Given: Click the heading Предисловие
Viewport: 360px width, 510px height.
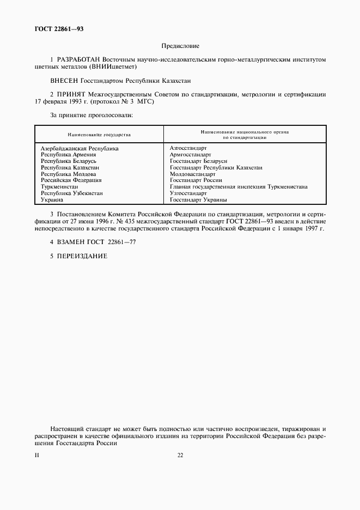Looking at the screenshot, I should [x=180, y=46].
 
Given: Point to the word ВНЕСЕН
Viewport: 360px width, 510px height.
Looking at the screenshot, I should [x=64, y=80].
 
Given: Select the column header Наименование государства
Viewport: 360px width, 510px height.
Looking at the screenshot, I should [x=99, y=134].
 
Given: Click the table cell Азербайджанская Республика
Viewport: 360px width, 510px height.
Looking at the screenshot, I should [x=80, y=148].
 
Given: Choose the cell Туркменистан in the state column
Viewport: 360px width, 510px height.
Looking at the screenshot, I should [x=59, y=187].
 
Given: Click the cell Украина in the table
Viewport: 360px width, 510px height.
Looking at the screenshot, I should [x=53, y=200].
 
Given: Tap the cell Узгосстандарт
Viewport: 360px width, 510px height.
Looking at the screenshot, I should [x=188, y=193].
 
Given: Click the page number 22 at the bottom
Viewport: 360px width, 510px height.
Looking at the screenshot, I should [x=180, y=456].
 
